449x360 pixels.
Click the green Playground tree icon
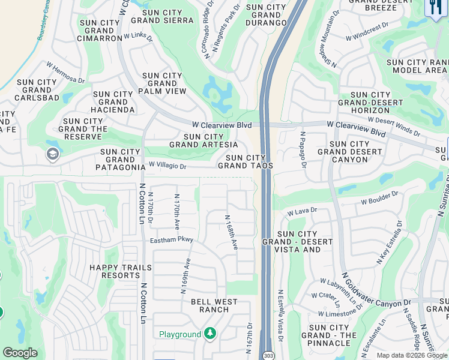pyautogui.click(x=209, y=334)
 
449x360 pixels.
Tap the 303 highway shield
pyautogui.click(x=268, y=355)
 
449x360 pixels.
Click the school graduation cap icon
pyautogui.click(x=52, y=154)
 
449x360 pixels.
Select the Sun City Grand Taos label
pyautogui.click(x=246, y=161)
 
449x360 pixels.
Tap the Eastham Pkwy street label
pyautogui.click(x=172, y=241)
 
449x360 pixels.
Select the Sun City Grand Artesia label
pyautogui.click(x=200, y=140)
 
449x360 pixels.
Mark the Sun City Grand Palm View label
pyautogui.click(x=162, y=83)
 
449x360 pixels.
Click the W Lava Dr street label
pyautogui.click(x=301, y=212)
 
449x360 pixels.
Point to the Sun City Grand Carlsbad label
pyautogui.click(x=37, y=90)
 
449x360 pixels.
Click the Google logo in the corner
pyautogui.click(x=20, y=353)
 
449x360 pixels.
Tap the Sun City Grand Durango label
pyautogui.click(x=266, y=15)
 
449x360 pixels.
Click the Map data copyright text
pyautogui.click(x=411, y=355)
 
